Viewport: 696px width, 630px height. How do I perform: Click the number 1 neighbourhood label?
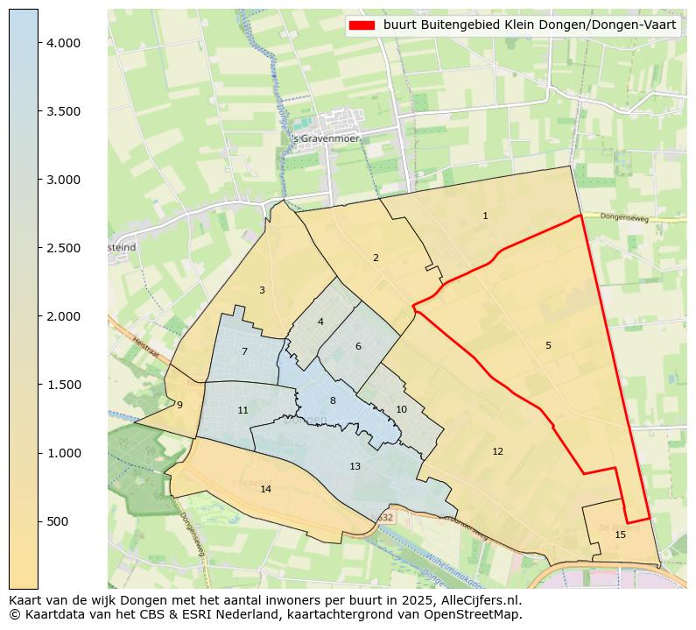(485, 216)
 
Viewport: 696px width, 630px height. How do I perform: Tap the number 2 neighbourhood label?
(376, 258)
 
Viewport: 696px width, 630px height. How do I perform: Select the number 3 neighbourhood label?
(262, 290)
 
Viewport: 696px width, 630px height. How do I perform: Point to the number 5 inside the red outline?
(548, 345)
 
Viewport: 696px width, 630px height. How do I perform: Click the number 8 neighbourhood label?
(333, 400)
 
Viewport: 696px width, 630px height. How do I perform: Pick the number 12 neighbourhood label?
(497, 451)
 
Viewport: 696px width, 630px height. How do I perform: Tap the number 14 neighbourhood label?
(265, 489)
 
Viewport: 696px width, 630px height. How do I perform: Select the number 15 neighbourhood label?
(620, 534)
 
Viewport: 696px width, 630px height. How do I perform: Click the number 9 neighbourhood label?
(179, 405)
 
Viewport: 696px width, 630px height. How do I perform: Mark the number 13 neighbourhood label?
(355, 466)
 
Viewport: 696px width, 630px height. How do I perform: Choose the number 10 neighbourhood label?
(401, 409)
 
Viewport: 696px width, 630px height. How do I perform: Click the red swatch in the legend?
(361, 25)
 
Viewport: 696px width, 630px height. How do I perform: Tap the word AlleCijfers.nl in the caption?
(479, 600)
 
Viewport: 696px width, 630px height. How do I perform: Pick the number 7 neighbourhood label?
(244, 351)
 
